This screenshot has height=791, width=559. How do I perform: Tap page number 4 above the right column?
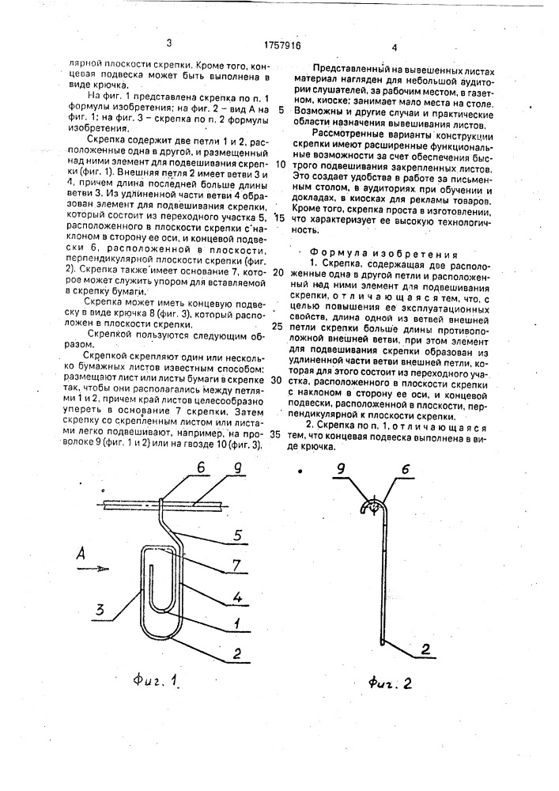[394, 47]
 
